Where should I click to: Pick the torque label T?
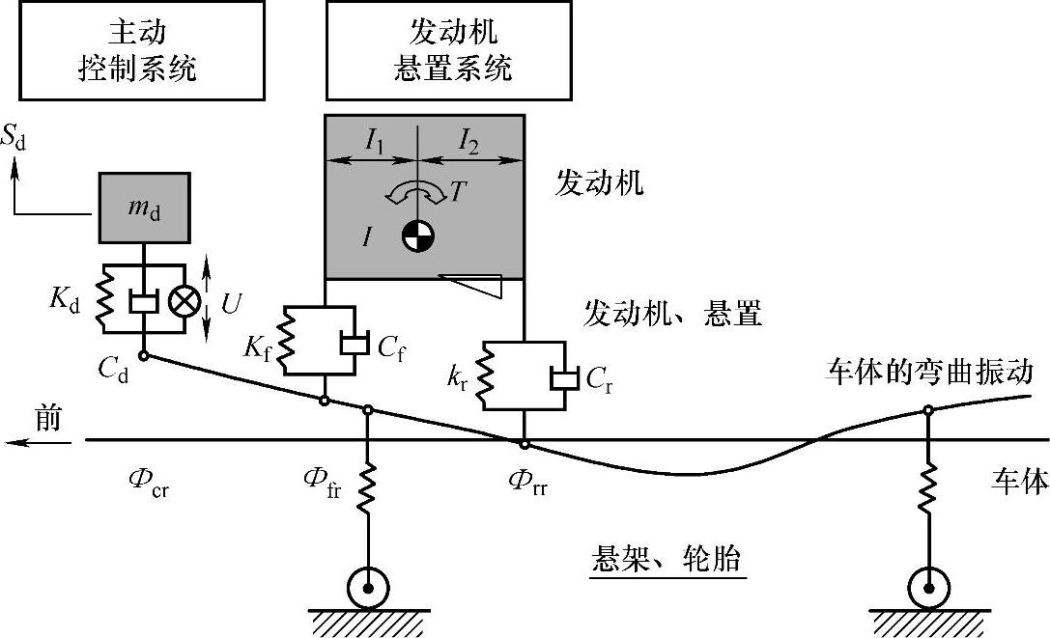pyautogui.click(x=458, y=192)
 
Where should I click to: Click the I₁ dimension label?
pyautogui.click(x=375, y=141)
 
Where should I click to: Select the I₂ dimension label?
pyautogui.click(x=468, y=141)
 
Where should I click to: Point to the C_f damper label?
pyautogui.click(x=391, y=349)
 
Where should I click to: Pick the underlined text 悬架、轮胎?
pyautogui.click(x=667, y=558)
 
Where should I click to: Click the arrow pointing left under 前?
pyautogui.click(x=39, y=442)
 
